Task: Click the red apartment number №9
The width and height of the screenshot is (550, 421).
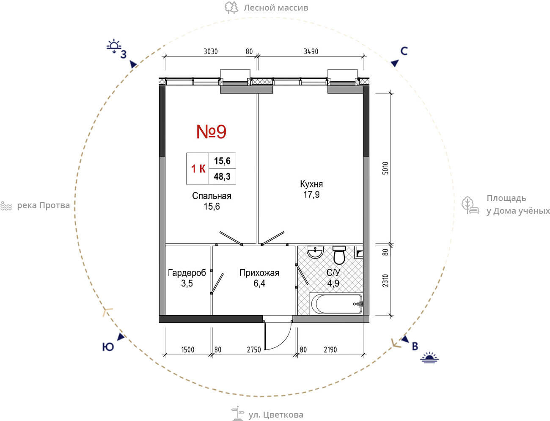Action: (211, 132)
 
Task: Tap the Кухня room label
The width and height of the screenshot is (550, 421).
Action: (311, 184)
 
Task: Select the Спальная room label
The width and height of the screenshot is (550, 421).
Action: (212, 196)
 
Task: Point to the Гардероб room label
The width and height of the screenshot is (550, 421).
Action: (187, 272)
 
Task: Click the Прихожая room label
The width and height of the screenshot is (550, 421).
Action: (259, 273)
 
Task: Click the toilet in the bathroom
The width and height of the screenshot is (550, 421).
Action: (339, 255)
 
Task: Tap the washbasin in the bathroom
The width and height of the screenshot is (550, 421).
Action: (315, 252)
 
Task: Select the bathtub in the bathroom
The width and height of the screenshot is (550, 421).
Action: (336, 303)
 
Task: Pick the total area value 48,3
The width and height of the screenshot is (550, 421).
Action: (222, 176)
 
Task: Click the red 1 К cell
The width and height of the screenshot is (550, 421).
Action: (198, 169)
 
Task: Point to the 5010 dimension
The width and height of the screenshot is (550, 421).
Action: (385, 168)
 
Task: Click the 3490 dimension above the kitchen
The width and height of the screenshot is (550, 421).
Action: (311, 52)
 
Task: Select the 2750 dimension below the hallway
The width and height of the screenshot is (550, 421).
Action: (254, 349)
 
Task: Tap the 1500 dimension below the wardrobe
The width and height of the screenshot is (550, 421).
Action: (188, 349)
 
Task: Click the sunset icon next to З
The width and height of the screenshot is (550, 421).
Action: (114, 46)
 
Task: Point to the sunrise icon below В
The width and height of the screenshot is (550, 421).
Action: (429, 358)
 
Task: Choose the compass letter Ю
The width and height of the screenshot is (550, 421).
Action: (108, 347)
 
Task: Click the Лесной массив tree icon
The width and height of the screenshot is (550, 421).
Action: (231, 8)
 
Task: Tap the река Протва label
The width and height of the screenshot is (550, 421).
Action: (43, 206)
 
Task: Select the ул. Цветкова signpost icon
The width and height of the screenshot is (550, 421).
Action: (237, 413)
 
